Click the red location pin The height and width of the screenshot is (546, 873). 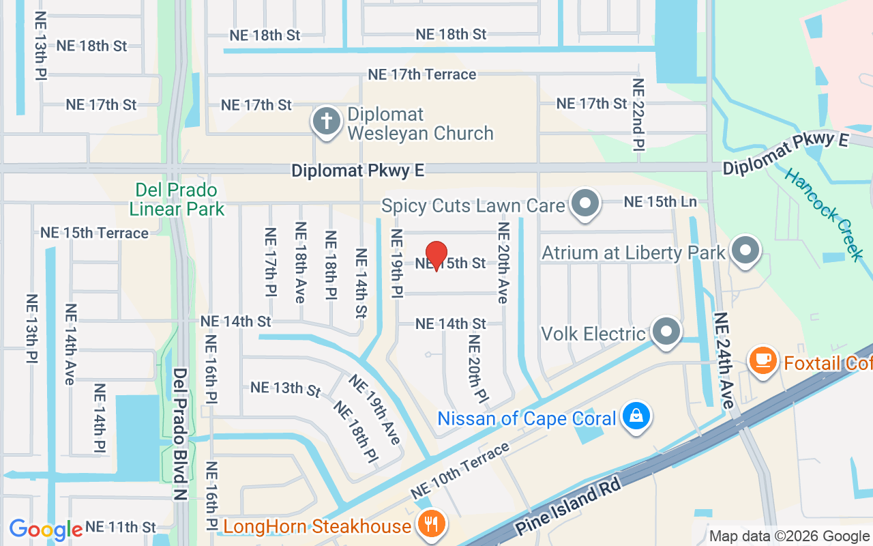436,255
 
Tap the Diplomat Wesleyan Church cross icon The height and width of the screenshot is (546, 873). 327,122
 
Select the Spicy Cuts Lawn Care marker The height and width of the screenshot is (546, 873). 585,203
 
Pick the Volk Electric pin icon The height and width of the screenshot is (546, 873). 666,332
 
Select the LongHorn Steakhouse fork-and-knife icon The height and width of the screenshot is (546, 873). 431,525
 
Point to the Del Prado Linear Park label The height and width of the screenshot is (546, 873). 177,199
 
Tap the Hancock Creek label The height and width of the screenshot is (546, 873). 824,213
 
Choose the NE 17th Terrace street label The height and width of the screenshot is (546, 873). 421,74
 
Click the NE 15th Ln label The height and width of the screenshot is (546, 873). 660,202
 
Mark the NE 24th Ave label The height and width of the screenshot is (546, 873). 724,360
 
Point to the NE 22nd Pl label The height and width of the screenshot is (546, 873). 638,113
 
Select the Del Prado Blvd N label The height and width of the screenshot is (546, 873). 180,434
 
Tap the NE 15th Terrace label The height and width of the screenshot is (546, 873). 94,233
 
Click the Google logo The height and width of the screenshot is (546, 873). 45,529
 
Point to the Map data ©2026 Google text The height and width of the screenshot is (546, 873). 788,536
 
